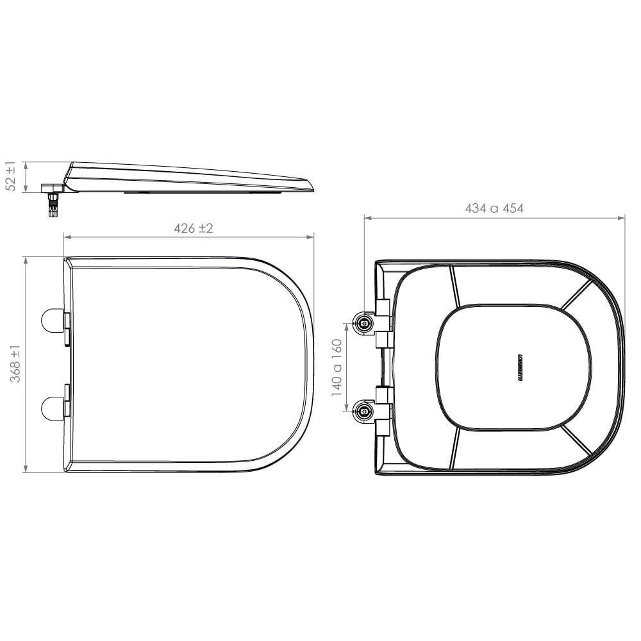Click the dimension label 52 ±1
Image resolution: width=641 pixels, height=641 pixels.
pyautogui.click(x=11, y=176)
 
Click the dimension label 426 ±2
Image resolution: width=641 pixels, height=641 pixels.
pyautogui.click(x=194, y=228)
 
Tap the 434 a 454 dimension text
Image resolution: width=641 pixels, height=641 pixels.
pyautogui.click(x=494, y=209)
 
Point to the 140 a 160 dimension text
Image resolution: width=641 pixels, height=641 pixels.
pyautogui.click(x=338, y=367)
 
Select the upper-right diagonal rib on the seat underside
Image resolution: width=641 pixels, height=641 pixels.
pyautogui.click(x=576, y=296)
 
